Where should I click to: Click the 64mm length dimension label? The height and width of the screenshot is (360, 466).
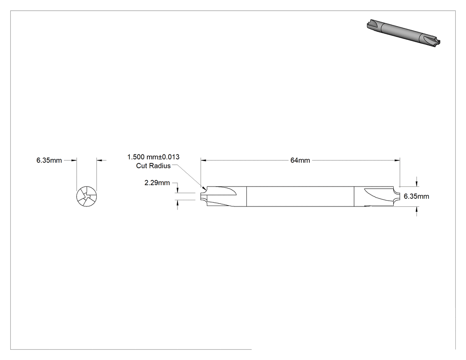(300, 160)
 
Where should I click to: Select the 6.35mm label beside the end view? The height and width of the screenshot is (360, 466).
(49, 160)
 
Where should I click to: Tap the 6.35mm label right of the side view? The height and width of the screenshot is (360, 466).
(416, 196)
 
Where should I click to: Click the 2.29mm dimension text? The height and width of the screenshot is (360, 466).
(157, 183)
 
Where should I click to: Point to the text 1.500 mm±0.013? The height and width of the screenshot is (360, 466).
(154, 157)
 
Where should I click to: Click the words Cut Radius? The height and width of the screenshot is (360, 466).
(154, 166)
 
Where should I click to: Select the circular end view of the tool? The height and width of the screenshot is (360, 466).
(87, 197)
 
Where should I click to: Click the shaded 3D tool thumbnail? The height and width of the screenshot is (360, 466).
(403, 32)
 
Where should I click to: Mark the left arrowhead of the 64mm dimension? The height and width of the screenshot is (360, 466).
(203, 160)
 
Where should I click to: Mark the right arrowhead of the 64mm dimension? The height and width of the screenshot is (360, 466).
(397, 160)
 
